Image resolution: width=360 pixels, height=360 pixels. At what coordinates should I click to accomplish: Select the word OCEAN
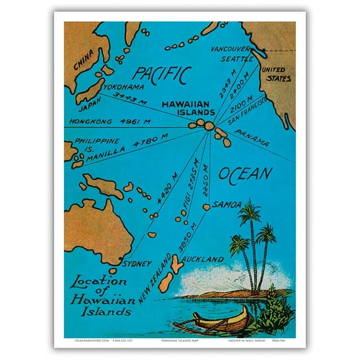click(245, 174)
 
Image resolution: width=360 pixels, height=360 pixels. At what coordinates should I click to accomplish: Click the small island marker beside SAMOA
click(205, 207)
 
